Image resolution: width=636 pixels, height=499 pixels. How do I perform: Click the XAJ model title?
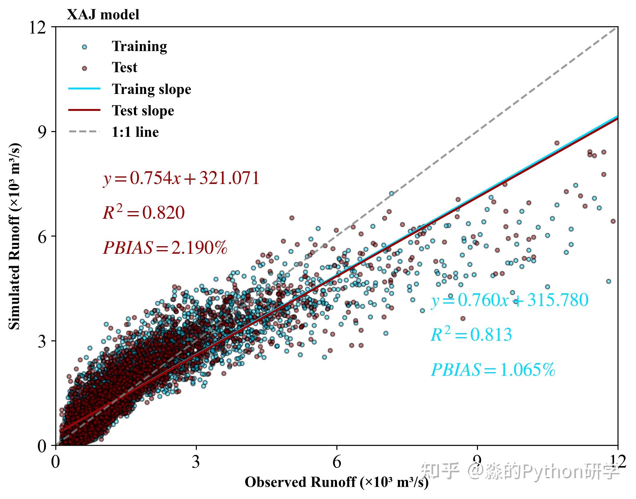(103, 14)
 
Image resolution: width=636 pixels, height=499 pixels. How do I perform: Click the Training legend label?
(139, 47)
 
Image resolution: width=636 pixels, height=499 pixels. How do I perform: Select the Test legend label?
(124, 67)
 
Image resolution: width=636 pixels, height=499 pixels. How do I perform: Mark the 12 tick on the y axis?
(37, 28)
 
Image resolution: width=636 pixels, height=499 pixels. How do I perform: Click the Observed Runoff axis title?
(336, 482)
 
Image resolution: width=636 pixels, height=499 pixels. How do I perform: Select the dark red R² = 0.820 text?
(144, 213)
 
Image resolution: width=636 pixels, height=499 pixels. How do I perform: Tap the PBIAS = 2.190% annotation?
(165, 248)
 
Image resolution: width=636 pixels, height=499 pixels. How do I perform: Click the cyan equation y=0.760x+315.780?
(510, 301)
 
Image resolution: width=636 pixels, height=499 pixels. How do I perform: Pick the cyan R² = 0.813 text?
(471, 335)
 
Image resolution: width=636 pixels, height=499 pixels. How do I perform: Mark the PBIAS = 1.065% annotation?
(493, 370)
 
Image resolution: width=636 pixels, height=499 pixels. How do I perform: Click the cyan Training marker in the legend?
(84, 47)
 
